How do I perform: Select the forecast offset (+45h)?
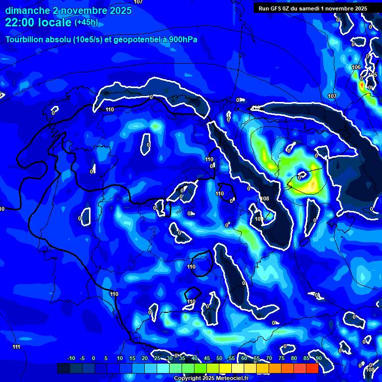[x=86, y=22]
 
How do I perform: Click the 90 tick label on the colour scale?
[x=319, y=358]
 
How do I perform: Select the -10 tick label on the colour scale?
[x=71, y=358]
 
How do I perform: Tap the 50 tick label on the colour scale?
[x=219, y=358]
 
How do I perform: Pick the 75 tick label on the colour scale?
[x=282, y=358]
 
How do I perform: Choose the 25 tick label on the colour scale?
[x=157, y=358]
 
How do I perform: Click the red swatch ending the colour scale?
[x=312, y=368]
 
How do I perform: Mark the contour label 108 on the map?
[x=265, y=198]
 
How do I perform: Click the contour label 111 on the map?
[x=16, y=347]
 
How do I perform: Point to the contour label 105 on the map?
[x=373, y=75]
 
